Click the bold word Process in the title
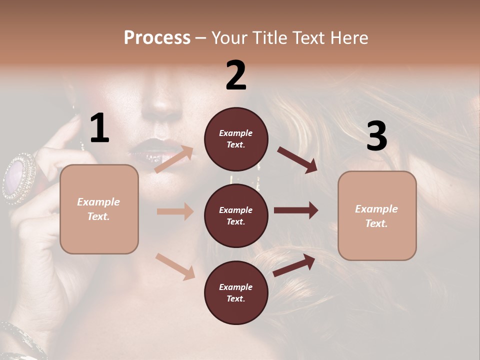point(157,38)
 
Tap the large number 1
point(99,128)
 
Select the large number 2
point(236,75)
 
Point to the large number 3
point(376,136)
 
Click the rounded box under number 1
point(99,209)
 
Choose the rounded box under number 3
point(377,216)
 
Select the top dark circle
point(236,139)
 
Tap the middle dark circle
point(236,215)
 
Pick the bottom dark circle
point(236,292)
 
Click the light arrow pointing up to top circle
point(174,159)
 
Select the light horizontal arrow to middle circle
point(175,211)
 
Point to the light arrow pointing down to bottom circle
point(175,266)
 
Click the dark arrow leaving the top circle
point(297,159)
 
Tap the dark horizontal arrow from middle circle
point(296,210)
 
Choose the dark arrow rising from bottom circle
point(294,264)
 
